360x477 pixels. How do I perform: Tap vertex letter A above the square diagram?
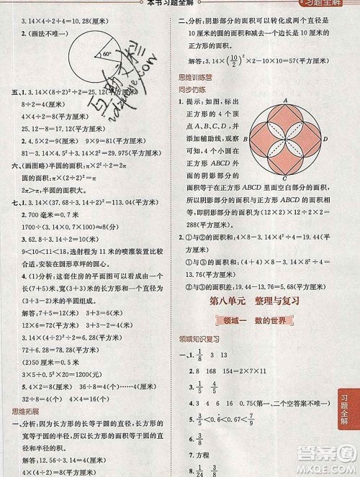(287, 100)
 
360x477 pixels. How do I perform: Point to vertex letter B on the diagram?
(246, 139)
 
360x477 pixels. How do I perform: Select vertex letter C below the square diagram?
(287, 179)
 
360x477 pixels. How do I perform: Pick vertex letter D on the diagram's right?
(328, 139)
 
